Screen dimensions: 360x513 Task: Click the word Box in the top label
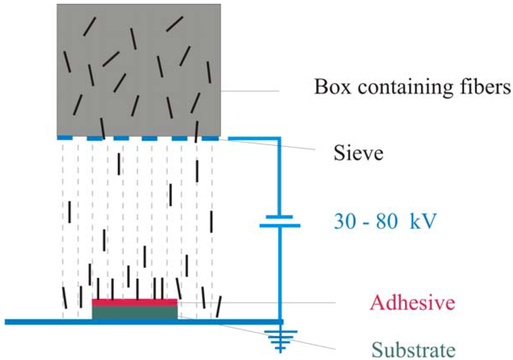[x=329, y=88]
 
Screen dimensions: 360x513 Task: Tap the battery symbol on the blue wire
[x=280, y=221]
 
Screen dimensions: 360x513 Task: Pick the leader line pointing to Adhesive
[x=255, y=302]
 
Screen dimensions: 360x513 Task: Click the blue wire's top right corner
[x=279, y=137]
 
